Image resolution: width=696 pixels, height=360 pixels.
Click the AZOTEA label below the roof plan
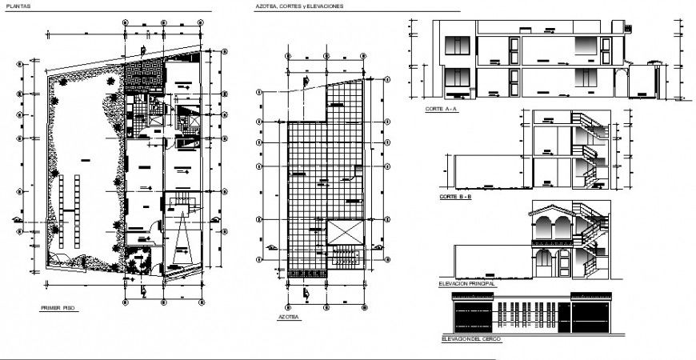coord(289,317)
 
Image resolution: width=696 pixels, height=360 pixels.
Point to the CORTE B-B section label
coord(454,196)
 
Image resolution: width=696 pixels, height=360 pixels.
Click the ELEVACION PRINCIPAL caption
coord(468,283)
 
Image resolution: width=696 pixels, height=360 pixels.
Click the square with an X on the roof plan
coord(345,231)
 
